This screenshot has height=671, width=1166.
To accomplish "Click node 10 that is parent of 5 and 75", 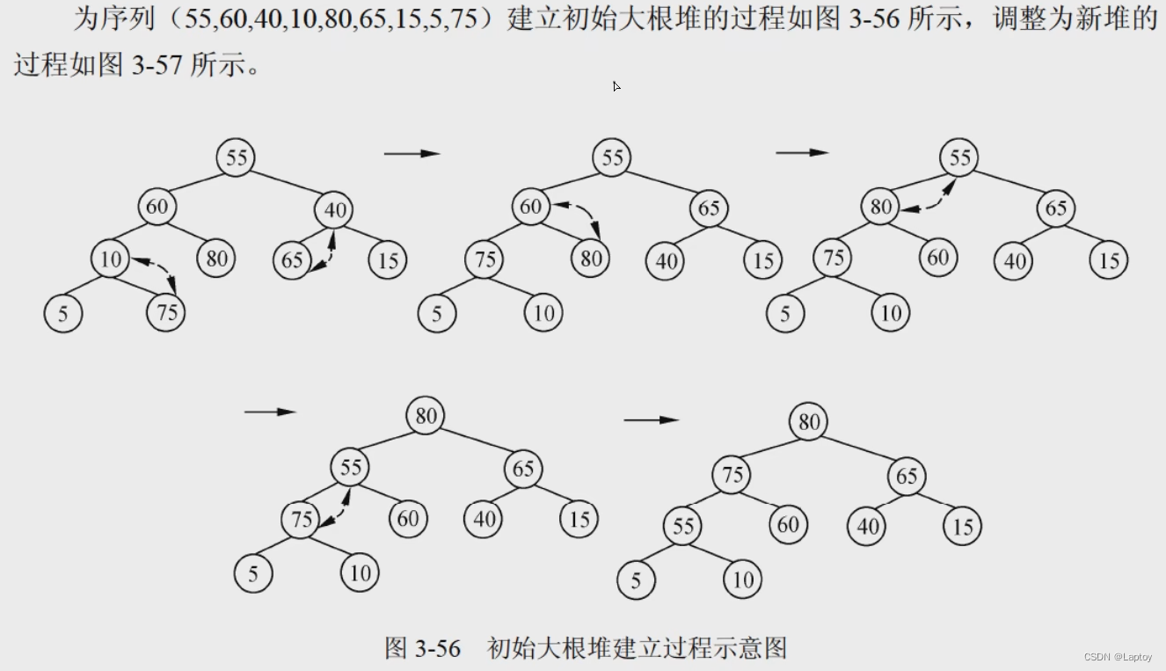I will pyautogui.click(x=110, y=259).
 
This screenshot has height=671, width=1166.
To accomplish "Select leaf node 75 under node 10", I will pyautogui.click(x=166, y=313).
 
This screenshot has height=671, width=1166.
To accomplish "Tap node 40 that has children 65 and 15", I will pyautogui.click(x=335, y=210).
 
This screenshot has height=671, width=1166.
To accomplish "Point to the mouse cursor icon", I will pyautogui.click(x=616, y=86).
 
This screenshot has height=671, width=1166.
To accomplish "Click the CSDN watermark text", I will pyautogui.click(x=1118, y=657).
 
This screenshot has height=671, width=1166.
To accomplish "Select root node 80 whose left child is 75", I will pyautogui.click(x=808, y=422).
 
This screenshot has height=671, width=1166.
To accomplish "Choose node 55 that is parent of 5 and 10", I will pyautogui.click(x=683, y=527).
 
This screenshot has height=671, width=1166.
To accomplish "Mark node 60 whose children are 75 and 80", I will pyautogui.click(x=530, y=208).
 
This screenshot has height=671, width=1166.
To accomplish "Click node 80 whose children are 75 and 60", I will pyautogui.click(x=881, y=208).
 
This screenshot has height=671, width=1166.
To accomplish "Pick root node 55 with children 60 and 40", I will pyautogui.click(x=237, y=158).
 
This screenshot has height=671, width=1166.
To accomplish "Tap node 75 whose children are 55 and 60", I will pyautogui.click(x=732, y=476).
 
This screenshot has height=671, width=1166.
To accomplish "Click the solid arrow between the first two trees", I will pyautogui.click(x=412, y=154).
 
